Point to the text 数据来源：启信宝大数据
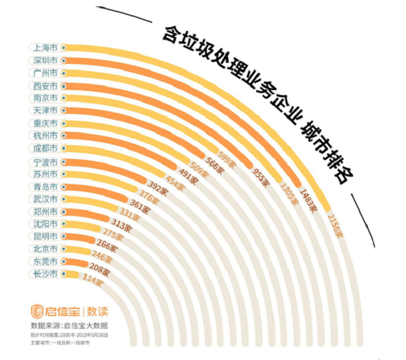69,326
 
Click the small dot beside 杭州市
64,136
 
